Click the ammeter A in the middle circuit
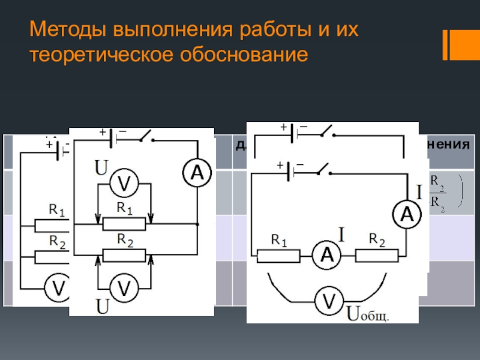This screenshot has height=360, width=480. point(197,174)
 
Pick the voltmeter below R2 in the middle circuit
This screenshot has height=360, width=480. point(124,290)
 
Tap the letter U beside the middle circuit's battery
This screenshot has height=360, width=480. point(101,167)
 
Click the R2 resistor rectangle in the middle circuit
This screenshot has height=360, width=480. point(124,255)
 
